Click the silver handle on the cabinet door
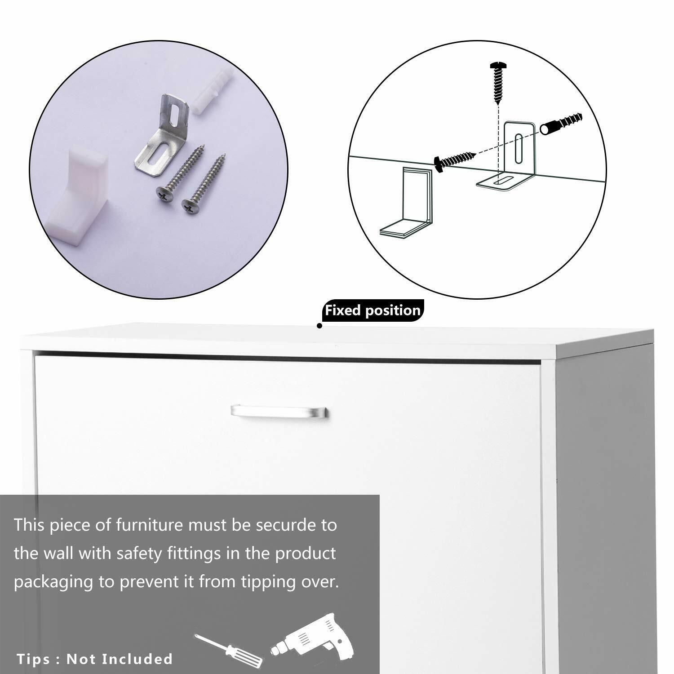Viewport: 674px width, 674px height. [279, 411]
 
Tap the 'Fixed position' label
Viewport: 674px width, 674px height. [373, 310]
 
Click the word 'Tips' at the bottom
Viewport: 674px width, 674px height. [34, 659]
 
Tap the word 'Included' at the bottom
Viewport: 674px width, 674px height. [137, 659]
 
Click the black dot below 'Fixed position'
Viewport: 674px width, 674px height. [319, 326]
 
